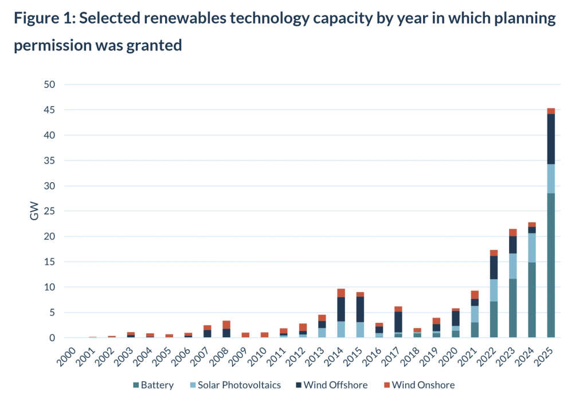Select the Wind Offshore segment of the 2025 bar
coord(550,139)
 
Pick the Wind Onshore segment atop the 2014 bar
coord(341,293)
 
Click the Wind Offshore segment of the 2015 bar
coord(359,309)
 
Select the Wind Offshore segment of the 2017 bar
coord(398,322)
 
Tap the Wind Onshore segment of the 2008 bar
coord(226,325)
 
